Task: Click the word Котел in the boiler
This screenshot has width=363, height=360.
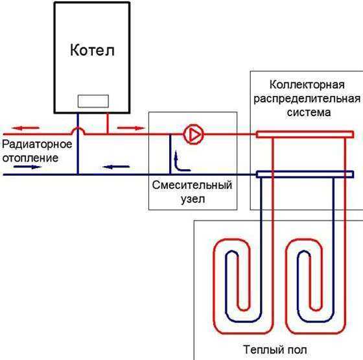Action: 92,50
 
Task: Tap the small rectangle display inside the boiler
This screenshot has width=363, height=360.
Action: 93,101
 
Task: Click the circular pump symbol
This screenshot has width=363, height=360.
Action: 194,134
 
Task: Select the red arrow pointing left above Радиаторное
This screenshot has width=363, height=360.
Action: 25,128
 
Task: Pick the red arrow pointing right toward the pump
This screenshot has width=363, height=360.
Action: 131,128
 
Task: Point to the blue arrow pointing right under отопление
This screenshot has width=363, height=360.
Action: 27,167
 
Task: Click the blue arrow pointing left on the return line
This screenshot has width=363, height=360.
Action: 116,167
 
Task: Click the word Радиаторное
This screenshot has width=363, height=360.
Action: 37,145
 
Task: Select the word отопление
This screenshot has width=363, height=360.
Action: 30,158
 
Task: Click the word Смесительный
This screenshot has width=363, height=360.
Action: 192,185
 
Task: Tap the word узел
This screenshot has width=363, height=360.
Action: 193,199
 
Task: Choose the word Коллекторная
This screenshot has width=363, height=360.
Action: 307,85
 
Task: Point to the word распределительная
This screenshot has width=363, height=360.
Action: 307,99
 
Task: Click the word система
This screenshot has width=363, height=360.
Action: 309,113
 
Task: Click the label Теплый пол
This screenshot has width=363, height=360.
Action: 275,350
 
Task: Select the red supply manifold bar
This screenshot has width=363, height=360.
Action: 305,134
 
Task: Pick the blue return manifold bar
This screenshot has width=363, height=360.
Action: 305,174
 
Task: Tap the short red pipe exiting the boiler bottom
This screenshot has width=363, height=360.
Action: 108,123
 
